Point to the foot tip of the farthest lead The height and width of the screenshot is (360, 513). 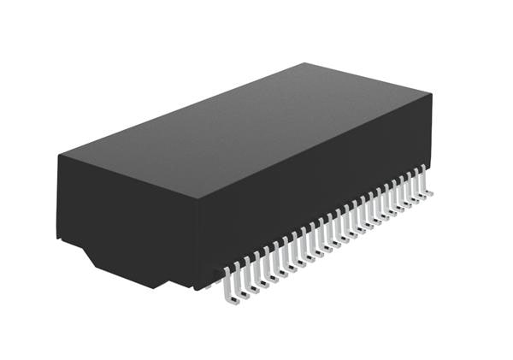click(430, 193)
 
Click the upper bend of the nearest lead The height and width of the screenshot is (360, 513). click(227, 272)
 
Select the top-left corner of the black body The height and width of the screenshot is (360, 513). click(58, 156)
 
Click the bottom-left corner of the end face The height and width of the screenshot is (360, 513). click(59, 236)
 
